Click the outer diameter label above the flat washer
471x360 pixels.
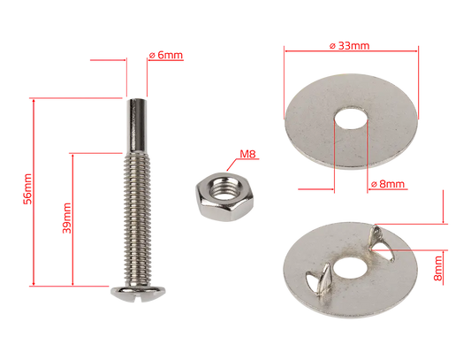(350, 41)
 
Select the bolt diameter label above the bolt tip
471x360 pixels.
(166, 55)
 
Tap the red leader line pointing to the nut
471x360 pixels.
(232, 163)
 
